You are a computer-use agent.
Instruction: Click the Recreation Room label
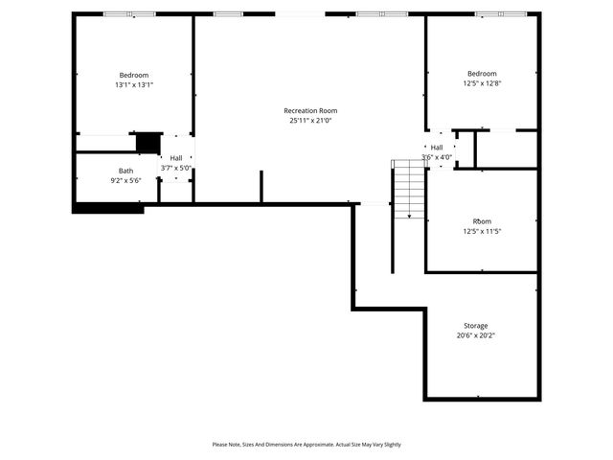tap(310, 110)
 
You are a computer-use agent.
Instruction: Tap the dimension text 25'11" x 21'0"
tap(310, 120)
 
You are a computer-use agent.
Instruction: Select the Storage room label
tap(476, 326)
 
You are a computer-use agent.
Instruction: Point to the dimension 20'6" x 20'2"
tap(476, 335)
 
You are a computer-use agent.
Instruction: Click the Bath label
tap(125, 171)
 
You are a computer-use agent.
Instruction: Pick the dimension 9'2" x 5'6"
tap(125, 180)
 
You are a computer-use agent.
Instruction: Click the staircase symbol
tap(409, 189)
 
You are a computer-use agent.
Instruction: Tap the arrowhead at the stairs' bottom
tap(409, 217)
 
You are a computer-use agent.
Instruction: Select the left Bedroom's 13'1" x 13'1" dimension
tap(134, 84)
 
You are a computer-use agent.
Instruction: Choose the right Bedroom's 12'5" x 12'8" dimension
tap(482, 83)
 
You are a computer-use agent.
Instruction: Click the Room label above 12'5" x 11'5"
tap(482, 221)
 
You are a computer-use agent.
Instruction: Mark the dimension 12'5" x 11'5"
tap(482, 231)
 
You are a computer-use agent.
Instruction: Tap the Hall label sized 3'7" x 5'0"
tap(176, 158)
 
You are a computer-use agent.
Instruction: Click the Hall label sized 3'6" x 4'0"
tap(437, 147)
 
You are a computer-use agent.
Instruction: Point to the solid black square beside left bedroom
tap(148, 143)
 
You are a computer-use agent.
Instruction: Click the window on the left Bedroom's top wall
tap(129, 14)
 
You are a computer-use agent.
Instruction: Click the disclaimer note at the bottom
tap(306, 445)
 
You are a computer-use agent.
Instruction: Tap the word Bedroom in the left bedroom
tap(134, 75)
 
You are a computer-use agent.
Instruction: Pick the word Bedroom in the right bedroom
tap(482, 74)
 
